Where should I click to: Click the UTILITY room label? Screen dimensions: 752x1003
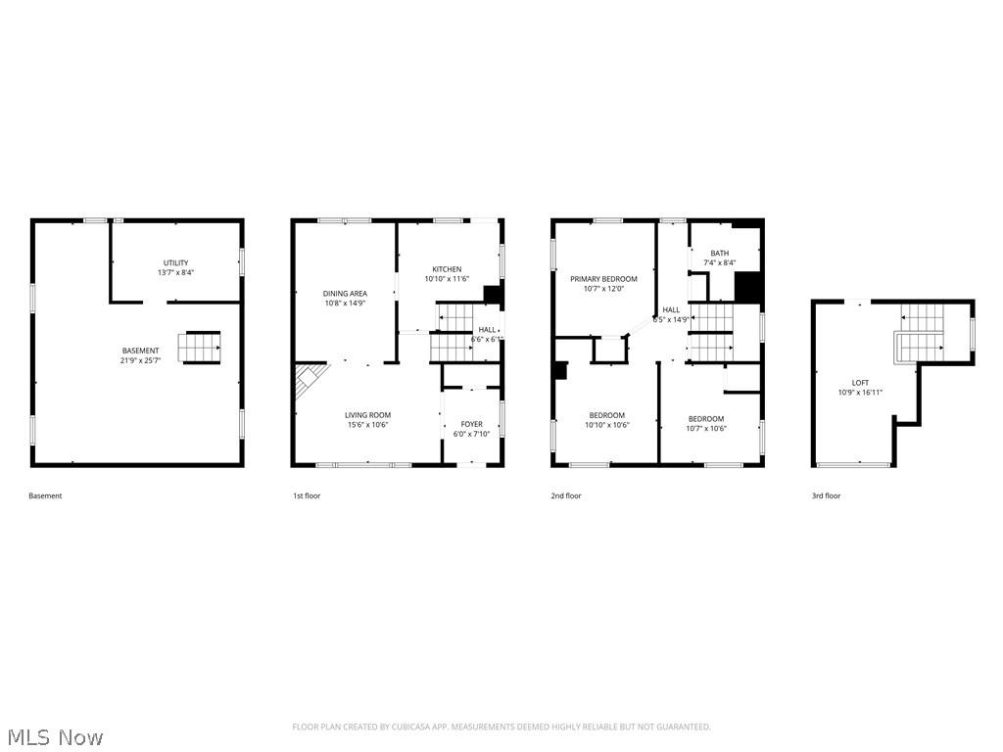click(x=175, y=262)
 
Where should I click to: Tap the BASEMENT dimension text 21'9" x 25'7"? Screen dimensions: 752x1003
click(x=140, y=360)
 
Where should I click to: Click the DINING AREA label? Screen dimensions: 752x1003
click(x=345, y=293)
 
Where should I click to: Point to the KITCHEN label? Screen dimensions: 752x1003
click(x=447, y=269)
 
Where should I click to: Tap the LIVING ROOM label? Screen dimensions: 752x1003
click(x=367, y=415)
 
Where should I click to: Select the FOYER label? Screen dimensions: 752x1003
click(x=471, y=424)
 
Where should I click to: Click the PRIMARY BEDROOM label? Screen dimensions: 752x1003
click(x=603, y=279)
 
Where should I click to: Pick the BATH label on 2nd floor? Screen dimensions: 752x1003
click(x=720, y=253)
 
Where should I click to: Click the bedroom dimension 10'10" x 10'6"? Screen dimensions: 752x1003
click(x=607, y=425)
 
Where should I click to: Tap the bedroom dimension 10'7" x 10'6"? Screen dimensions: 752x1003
click(x=706, y=428)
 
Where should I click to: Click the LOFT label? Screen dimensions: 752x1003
click(x=860, y=383)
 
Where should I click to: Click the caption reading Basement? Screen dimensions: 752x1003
click(x=45, y=495)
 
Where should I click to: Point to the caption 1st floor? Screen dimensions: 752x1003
click(x=307, y=495)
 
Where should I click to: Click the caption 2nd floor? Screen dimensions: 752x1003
click(x=566, y=495)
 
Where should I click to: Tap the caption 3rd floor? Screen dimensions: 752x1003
click(x=826, y=495)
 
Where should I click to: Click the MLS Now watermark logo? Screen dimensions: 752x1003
click(x=54, y=736)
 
